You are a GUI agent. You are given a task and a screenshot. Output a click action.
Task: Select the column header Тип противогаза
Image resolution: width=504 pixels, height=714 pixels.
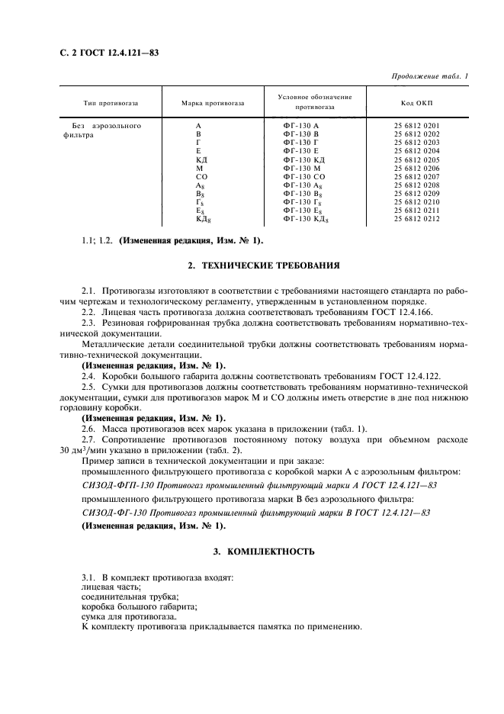(111, 103)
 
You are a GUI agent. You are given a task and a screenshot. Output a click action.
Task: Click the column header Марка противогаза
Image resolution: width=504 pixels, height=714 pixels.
(213, 103)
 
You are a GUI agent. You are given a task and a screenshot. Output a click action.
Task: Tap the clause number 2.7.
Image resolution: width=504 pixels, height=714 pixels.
(89, 440)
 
